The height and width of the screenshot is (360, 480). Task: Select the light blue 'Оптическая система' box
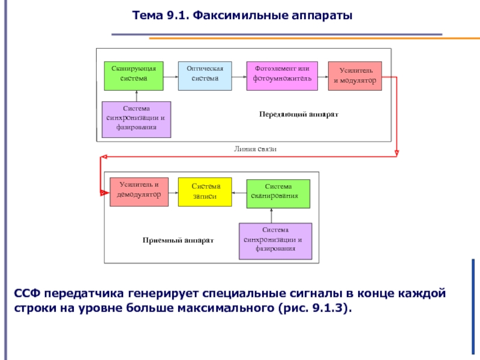click(x=205, y=75)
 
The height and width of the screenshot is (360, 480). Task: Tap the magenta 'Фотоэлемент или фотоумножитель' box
click(x=282, y=75)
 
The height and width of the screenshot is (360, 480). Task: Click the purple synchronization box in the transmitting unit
click(x=136, y=119)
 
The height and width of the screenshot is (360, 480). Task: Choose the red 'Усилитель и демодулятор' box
click(x=139, y=191)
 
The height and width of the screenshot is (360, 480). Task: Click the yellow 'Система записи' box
click(x=205, y=192)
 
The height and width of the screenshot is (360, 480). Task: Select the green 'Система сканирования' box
click(x=278, y=193)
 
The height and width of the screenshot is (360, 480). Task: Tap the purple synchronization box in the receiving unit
click(x=275, y=241)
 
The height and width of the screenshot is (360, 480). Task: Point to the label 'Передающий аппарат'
click(x=299, y=113)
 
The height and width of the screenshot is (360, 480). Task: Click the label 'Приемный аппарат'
click(x=178, y=239)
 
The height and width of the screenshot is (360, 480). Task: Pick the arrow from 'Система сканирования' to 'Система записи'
click(x=239, y=193)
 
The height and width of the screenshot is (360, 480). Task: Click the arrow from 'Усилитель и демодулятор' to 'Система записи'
click(x=173, y=193)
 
